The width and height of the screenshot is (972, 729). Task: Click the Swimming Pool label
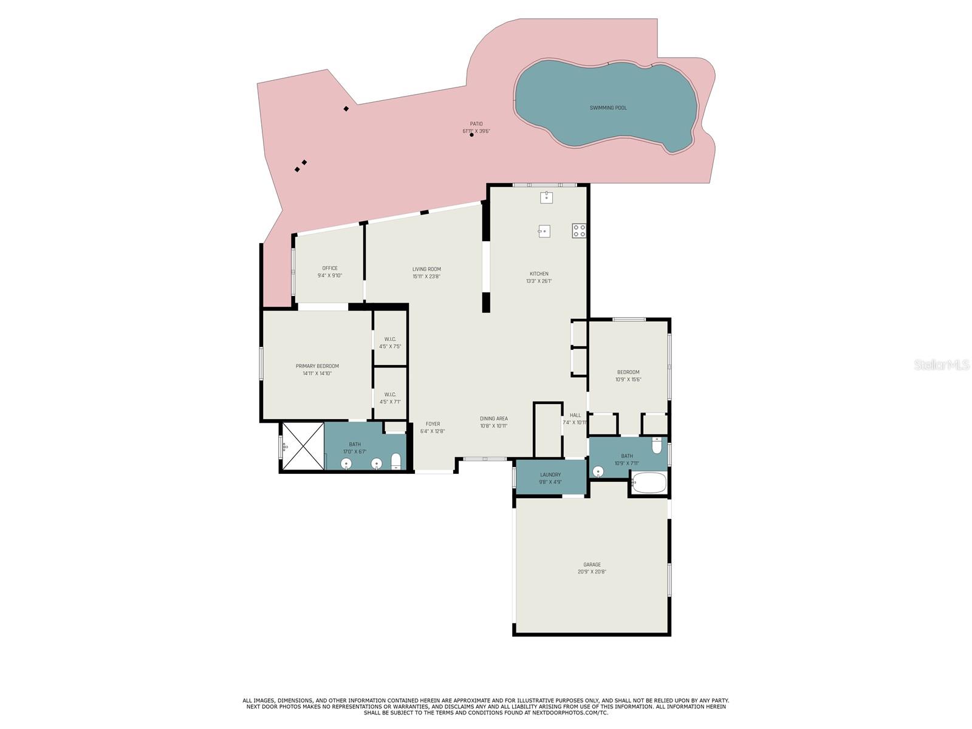pos(608,108)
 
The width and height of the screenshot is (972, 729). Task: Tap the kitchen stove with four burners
pos(579,230)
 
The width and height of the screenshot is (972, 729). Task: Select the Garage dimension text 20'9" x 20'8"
pos(592,572)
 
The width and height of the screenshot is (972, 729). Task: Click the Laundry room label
pos(550,474)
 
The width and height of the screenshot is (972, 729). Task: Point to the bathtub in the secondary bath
pos(649,484)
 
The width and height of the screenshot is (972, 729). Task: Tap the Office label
pos(330,268)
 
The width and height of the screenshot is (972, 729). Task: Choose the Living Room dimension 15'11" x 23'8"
pos(426,276)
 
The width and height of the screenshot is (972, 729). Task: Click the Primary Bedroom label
pos(317,366)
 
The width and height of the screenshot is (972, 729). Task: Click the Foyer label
pos(433,424)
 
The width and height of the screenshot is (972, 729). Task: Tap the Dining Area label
pos(494,419)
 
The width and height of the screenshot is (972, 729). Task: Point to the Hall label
pos(575,416)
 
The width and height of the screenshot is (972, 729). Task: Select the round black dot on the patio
pos(471,135)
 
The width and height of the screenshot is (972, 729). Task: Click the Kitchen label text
pos(539,274)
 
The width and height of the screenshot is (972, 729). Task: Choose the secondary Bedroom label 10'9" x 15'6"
pos(628,372)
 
